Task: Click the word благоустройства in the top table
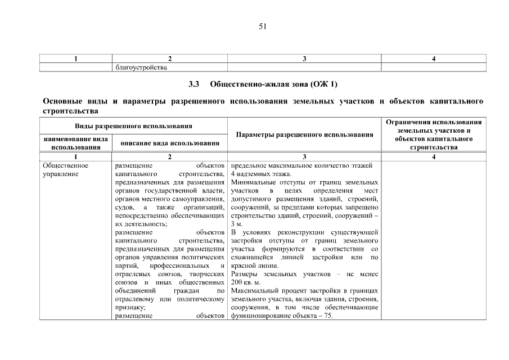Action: (x=141, y=67)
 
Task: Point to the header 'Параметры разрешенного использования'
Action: (x=304, y=135)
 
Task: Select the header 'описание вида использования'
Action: (x=170, y=143)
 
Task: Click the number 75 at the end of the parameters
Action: (x=328, y=316)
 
